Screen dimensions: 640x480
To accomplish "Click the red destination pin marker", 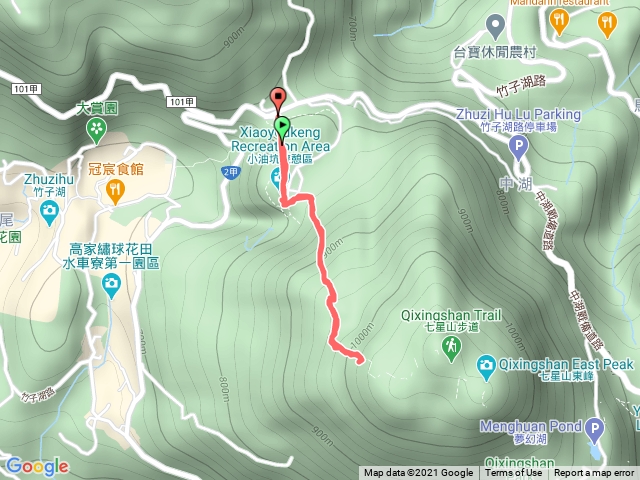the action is (x=278, y=99).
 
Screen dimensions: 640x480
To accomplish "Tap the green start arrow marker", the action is (x=283, y=127).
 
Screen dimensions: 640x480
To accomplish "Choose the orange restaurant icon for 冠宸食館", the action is (x=117, y=190).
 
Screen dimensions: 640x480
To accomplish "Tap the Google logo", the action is (x=36, y=466).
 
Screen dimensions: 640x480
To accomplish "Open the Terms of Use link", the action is (x=515, y=473).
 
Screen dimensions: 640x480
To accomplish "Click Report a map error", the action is (x=596, y=473).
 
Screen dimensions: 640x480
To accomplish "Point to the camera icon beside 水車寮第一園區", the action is (x=111, y=285).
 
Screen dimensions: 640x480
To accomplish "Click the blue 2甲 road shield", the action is (x=229, y=172).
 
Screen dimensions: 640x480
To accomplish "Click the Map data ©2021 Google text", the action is (x=418, y=473).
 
